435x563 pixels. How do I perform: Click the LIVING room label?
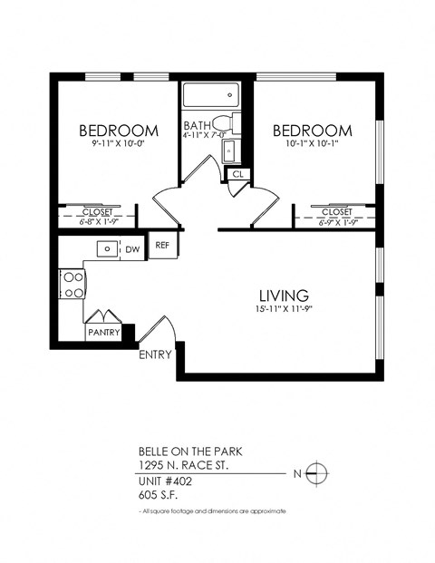pyautogui.click(x=284, y=295)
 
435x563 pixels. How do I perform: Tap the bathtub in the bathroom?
pyautogui.click(x=209, y=94)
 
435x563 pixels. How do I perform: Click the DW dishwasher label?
pyautogui.click(x=131, y=249)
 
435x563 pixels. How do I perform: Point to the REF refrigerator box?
pyautogui.click(x=162, y=246)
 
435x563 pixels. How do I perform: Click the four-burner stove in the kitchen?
pyautogui.click(x=72, y=285)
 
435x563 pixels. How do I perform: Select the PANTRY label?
pyautogui.click(x=103, y=333)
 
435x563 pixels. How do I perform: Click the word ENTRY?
pyautogui.click(x=155, y=354)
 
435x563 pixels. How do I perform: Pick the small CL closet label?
pyautogui.click(x=237, y=173)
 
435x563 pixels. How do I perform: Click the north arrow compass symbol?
pyautogui.click(x=316, y=472)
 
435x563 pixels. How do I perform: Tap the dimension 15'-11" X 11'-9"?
pyautogui.click(x=284, y=312)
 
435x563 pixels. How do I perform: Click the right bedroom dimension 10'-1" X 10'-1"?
pyautogui.click(x=313, y=143)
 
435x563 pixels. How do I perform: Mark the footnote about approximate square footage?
pyautogui.click(x=213, y=512)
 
